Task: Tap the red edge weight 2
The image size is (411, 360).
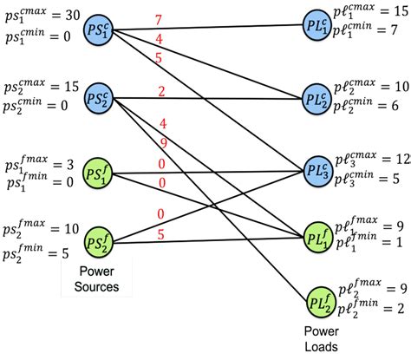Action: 161,90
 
